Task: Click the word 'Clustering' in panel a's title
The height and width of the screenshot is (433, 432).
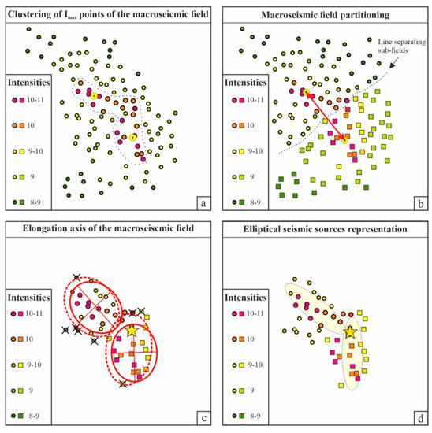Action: pos(35,13)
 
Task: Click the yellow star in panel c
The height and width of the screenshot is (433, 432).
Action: pos(131,334)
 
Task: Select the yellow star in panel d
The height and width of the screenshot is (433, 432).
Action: pos(350,332)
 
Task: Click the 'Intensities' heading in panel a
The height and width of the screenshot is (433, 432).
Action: pos(29,80)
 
